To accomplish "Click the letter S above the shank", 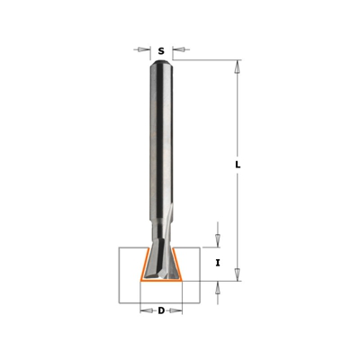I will click(160, 51).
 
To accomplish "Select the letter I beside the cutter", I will click(218, 263).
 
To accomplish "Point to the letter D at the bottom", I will click(160, 311).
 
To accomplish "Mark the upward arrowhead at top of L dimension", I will click(238, 65).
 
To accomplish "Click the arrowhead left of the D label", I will click(144, 311).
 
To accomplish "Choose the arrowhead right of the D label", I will click(177, 311).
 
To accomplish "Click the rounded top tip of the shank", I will click(160, 63).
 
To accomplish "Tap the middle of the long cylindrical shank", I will click(160, 144).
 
